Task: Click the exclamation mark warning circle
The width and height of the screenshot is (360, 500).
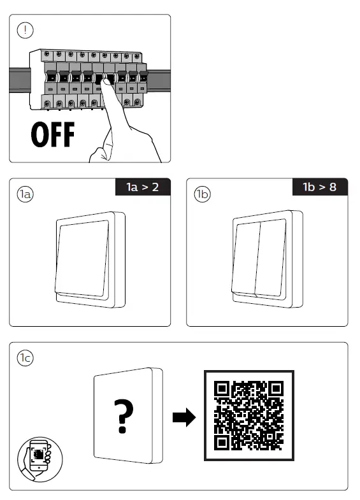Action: pos(25,31)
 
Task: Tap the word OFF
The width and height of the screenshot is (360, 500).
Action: pos(53,134)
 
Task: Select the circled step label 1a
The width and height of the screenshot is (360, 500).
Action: pos(25,194)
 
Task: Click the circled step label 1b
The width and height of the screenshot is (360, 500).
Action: pos(202,194)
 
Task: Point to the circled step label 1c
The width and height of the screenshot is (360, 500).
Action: pos(25,358)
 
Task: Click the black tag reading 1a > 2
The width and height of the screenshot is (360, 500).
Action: pos(143,187)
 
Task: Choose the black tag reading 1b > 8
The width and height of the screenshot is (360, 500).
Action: pos(320,187)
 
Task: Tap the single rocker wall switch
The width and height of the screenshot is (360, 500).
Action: pos(90,260)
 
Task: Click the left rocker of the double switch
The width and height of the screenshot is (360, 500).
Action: pos(245,258)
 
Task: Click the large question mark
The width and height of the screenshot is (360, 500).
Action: pos(124,416)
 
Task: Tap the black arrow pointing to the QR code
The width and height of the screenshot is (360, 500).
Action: pos(184,417)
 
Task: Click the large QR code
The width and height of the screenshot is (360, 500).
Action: pos(249,415)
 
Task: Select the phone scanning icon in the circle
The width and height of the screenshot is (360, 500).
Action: pos(40,459)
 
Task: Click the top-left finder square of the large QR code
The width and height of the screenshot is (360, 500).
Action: pos(222,389)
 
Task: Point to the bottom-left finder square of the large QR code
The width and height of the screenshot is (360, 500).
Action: pos(222,442)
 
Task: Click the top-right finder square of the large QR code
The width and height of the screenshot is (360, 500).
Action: pos(276,389)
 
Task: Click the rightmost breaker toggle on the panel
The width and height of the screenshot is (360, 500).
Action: pos(143,76)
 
